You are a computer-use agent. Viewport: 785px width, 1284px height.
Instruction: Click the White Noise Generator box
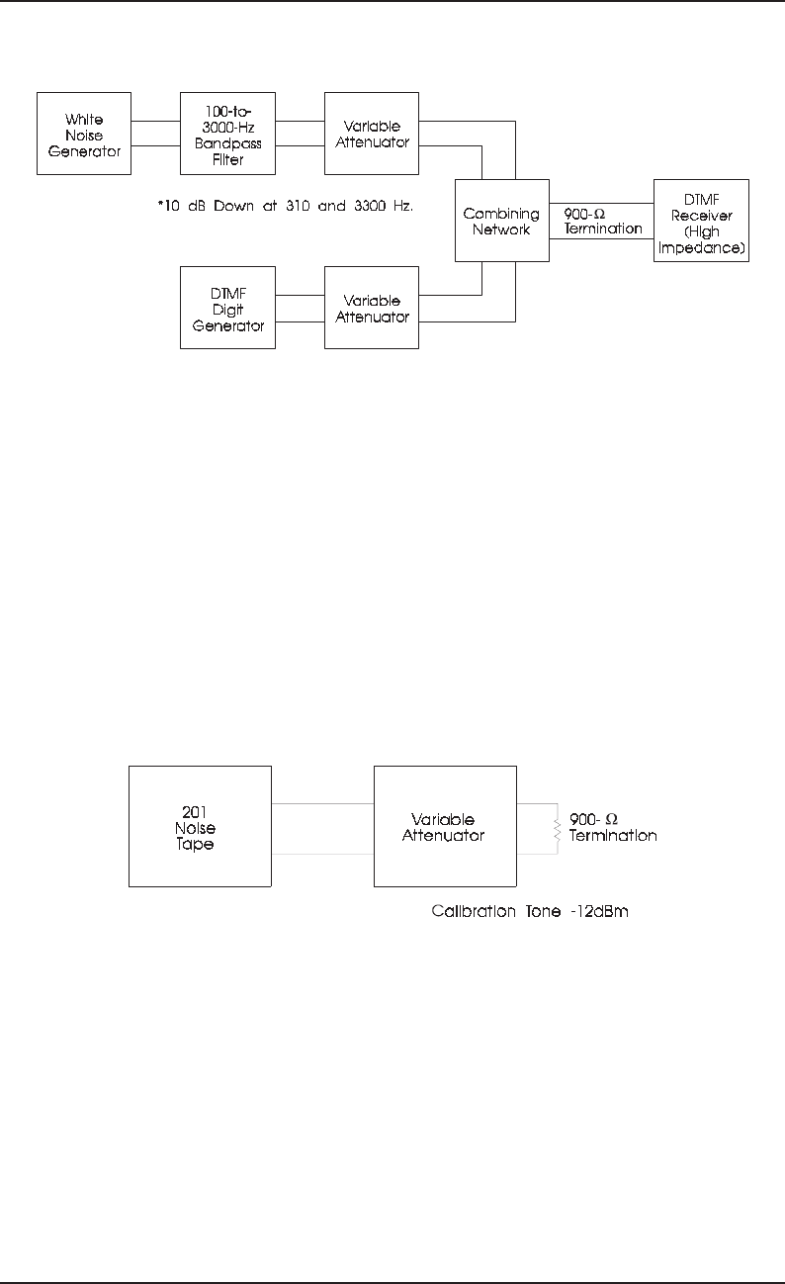[84, 134]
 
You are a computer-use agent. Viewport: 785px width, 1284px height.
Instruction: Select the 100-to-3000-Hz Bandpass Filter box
[227, 134]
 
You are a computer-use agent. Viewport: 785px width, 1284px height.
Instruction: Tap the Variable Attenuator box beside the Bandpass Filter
[372, 134]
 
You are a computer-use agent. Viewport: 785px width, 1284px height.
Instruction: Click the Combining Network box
[501, 221]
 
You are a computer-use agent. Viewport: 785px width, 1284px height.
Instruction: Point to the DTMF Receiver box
[701, 221]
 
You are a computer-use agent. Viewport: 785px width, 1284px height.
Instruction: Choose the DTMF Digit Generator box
[227, 307]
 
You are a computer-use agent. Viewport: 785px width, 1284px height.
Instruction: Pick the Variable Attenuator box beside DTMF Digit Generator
[372, 307]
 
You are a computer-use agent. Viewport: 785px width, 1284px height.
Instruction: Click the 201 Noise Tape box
[200, 826]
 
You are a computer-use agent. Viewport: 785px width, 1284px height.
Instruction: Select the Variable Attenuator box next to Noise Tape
[444, 826]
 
